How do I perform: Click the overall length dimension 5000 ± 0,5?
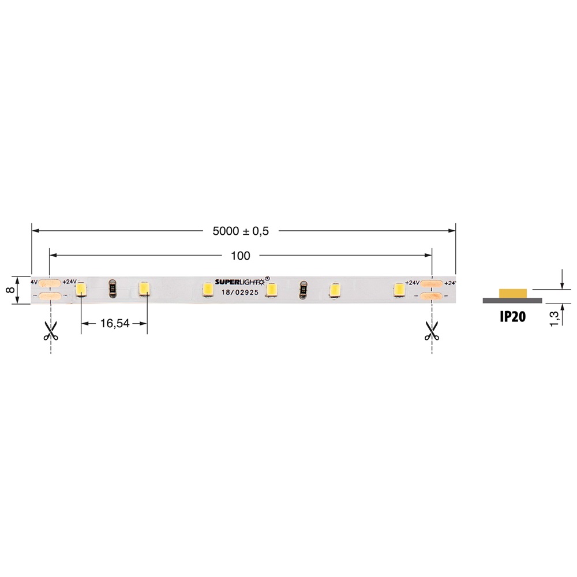[241, 231]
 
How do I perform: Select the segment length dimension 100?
[240, 256]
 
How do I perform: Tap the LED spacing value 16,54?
[114, 324]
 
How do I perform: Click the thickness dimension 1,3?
[554, 318]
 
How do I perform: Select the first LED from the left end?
[81, 289]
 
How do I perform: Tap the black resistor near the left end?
[113, 288]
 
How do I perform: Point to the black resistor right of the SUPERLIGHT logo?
[302, 289]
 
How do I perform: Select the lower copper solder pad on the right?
[431, 296]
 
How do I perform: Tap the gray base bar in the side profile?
[512, 301]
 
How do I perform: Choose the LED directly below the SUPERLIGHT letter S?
[207, 289]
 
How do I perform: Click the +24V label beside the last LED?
[412, 283]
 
